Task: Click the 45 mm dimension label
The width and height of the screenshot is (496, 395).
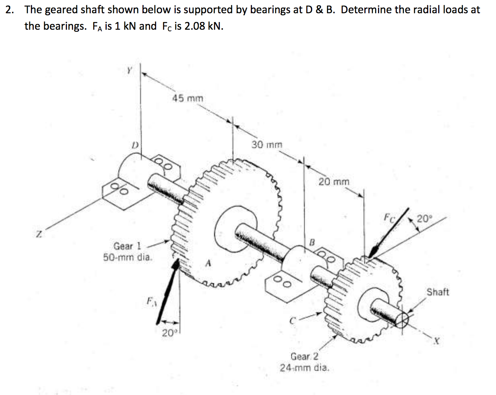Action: (x=188, y=98)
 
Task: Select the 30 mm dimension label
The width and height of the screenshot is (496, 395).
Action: (x=267, y=144)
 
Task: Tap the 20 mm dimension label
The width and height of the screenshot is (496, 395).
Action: (x=334, y=182)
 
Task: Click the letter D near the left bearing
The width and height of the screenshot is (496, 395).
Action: (x=135, y=144)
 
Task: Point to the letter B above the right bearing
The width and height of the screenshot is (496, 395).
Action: (x=312, y=242)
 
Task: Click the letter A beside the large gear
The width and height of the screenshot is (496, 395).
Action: (x=207, y=264)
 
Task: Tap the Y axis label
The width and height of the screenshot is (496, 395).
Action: (x=129, y=71)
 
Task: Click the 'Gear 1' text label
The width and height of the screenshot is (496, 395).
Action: (x=127, y=246)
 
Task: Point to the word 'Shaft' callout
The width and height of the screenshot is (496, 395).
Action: (x=437, y=292)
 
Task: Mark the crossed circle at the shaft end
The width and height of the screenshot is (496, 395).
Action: (x=402, y=320)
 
